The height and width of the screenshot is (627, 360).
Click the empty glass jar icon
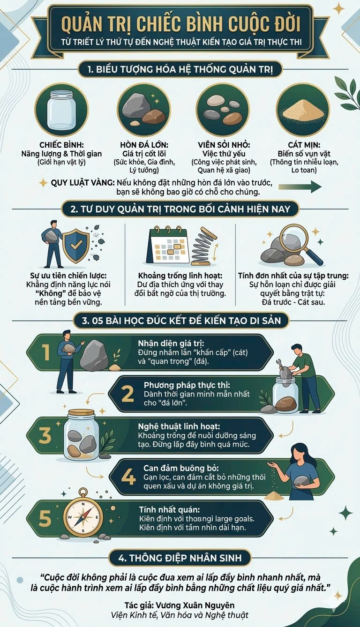(x=61, y=110)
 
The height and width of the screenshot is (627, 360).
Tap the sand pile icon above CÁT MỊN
(x=303, y=111)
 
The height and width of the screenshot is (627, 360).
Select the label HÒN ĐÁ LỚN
(x=144, y=145)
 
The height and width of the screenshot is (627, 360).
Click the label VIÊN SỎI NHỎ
(x=224, y=145)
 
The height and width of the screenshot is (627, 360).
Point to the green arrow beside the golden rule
(x=300, y=187)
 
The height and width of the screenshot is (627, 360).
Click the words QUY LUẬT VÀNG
(x=82, y=183)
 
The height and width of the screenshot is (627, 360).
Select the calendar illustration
(x=169, y=246)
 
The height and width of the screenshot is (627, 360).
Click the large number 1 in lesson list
(x=45, y=352)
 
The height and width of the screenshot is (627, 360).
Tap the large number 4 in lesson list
(x=128, y=478)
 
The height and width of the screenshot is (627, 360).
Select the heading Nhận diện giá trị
(x=171, y=343)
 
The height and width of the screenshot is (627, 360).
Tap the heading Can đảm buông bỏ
(x=181, y=468)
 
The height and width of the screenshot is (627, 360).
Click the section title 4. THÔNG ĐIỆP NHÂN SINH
(x=180, y=558)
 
